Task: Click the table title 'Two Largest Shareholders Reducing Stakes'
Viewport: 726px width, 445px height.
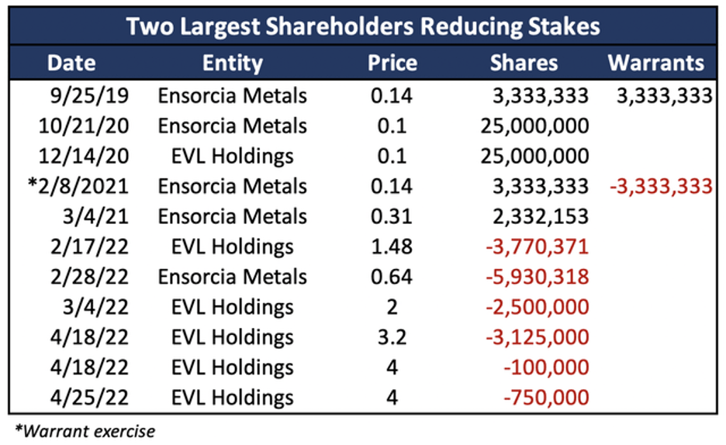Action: [363, 26]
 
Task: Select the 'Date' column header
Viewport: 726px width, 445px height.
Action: [71, 63]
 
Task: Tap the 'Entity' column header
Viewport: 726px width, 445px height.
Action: [232, 63]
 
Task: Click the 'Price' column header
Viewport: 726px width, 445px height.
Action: [392, 63]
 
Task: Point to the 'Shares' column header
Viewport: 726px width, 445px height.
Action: [524, 63]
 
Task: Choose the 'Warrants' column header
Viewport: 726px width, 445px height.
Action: [656, 63]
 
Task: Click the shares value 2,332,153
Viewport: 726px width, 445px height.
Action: [539, 217]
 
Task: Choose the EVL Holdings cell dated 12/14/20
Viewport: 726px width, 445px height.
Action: [232, 157]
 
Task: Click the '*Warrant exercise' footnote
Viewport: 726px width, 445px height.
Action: [84, 430]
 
